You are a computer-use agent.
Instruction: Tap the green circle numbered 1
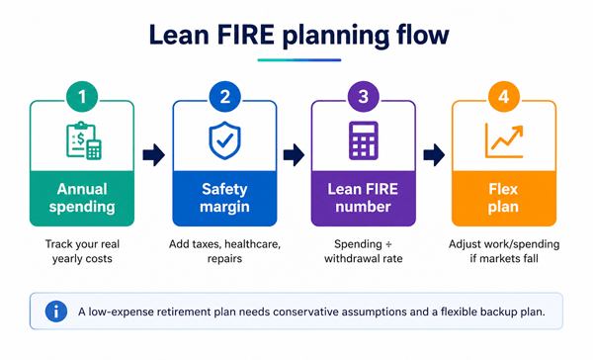point(82,97)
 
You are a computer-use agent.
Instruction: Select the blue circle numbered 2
point(225,97)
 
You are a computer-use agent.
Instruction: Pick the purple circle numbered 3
point(364,97)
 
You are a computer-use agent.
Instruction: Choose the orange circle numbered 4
point(504,97)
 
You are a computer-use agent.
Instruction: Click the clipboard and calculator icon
point(84,140)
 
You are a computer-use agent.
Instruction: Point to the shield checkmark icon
point(225,140)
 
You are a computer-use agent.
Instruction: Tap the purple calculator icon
point(364,140)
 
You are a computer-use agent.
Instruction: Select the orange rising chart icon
point(504,140)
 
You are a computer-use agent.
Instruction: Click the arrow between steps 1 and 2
point(153,155)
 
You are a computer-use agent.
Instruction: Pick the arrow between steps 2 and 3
point(294,155)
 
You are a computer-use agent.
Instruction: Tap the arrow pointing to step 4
point(434,155)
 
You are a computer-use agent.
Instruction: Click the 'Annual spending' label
point(82,198)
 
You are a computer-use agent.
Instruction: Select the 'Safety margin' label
point(224,198)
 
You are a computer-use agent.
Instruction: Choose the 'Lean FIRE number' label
point(363,198)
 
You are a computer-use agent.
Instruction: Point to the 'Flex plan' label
point(503,198)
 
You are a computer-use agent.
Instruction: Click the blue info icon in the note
point(56,312)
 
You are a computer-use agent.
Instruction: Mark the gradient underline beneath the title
point(299,59)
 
